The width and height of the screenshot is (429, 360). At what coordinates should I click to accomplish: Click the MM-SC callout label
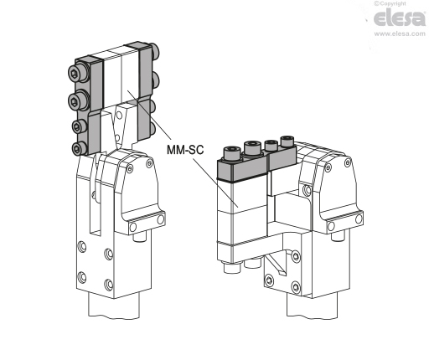(185, 150)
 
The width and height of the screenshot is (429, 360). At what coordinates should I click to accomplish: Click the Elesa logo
(400, 18)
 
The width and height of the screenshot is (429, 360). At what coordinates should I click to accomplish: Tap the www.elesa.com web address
(400, 33)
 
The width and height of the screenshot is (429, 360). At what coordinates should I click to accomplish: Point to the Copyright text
(390, 3)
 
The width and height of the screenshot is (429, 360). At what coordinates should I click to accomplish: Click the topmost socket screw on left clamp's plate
(75, 74)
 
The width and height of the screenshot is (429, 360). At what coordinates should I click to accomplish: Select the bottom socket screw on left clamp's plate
(78, 147)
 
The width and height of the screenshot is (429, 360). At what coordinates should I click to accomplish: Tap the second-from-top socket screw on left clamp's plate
(75, 100)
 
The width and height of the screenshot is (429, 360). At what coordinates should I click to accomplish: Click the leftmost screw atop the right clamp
(232, 153)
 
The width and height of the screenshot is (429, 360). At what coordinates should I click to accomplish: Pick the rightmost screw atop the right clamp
(287, 141)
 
